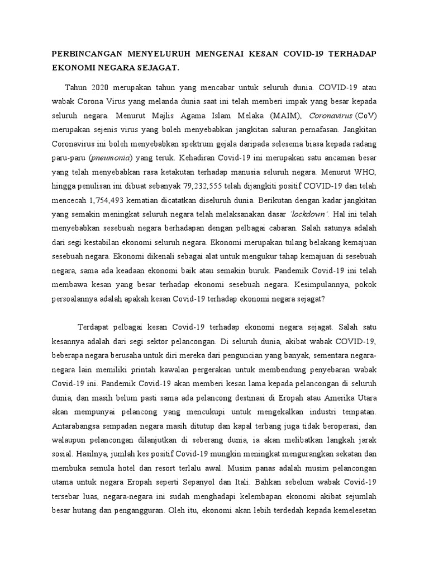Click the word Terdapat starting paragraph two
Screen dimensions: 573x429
tap(95, 326)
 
